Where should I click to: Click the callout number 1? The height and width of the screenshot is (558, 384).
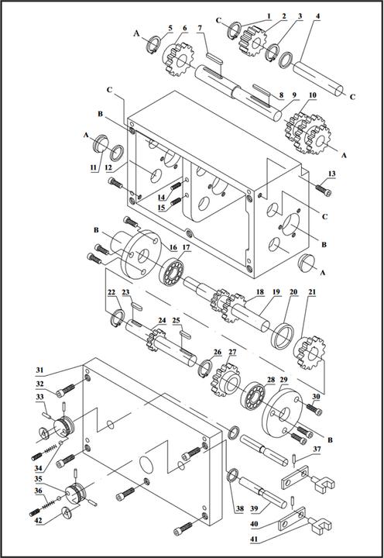(x=269, y=15)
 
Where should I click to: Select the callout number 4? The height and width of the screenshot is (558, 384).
(x=318, y=16)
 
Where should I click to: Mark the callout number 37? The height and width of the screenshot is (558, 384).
(x=316, y=449)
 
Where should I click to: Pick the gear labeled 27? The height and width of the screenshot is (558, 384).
(x=228, y=379)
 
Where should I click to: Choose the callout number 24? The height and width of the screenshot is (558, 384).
(x=162, y=320)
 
